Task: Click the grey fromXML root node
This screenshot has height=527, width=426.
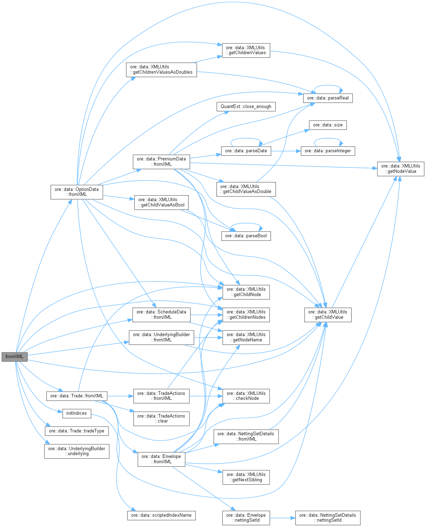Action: coord(15,357)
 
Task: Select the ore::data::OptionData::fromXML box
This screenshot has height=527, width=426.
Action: coord(77,192)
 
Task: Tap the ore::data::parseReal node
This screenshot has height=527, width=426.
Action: coord(328,98)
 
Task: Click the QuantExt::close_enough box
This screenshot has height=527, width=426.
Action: coord(246,106)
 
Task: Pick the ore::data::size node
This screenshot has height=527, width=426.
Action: coord(328,125)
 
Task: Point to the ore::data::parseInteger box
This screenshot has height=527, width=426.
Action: coord(328,151)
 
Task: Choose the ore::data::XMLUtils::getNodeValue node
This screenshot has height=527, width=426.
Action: coord(400,169)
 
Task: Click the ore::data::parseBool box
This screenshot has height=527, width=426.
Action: coord(246,236)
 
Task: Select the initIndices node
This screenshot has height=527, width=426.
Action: coord(77,413)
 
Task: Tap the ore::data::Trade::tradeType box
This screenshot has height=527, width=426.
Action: coord(77,431)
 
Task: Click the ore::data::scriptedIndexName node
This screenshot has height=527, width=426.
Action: coord(161,515)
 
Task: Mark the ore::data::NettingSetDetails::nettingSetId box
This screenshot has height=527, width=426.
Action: coord(328,517)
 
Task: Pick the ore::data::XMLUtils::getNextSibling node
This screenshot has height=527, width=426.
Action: coord(246,477)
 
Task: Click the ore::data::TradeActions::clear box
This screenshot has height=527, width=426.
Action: coord(161,419)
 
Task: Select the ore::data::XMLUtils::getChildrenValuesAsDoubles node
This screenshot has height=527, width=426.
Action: coord(161,69)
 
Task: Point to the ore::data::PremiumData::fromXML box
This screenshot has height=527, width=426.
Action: coord(161,162)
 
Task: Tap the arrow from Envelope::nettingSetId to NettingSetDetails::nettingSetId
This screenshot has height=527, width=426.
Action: coord(282,517)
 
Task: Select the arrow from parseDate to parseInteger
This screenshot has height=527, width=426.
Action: coord(286,151)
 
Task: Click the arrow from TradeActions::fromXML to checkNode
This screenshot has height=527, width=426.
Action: coord(206,396)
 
